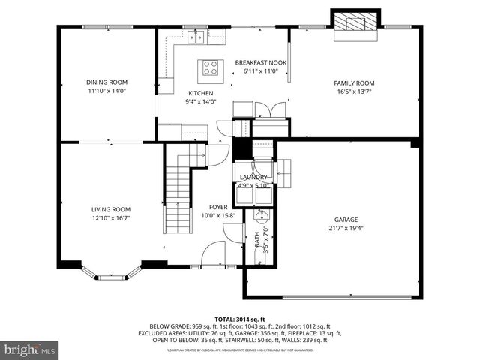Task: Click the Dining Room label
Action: (106, 82)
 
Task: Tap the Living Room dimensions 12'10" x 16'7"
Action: (111, 219)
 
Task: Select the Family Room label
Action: (354, 82)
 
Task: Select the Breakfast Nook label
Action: (261, 62)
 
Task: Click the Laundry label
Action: (253, 178)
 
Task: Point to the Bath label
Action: (257, 241)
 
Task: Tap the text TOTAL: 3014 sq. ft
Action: (240, 319)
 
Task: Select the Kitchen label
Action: (201, 93)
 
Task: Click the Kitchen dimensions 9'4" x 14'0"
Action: (201, 102)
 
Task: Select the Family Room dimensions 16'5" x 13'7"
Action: (354, 91)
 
